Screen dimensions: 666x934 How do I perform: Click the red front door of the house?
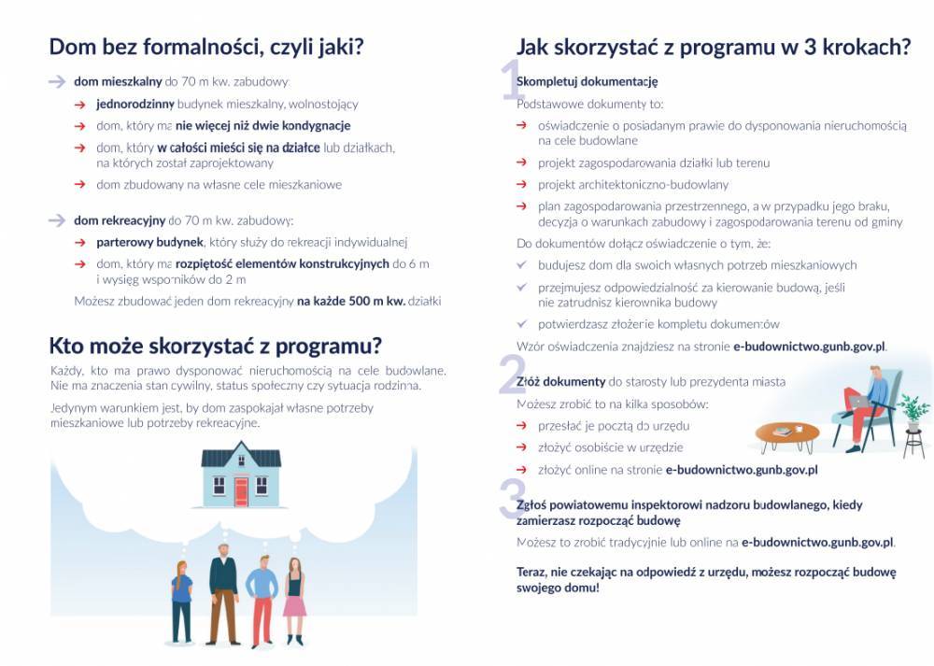(241, 490)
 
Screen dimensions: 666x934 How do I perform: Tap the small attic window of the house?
(241, 458)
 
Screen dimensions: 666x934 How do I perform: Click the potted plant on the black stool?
(913, 412)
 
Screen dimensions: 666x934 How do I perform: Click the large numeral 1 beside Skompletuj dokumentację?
(513, 80)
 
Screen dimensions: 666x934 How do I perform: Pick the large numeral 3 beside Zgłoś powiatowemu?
(513, 499)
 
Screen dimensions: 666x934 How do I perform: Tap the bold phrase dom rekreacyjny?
(120, 221)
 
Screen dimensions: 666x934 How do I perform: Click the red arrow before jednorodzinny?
(80, 104)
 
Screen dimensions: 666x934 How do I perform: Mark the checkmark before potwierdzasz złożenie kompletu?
(522, 323)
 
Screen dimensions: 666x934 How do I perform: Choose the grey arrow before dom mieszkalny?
(57, 82)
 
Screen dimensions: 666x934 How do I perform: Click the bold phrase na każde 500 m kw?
(351, 301)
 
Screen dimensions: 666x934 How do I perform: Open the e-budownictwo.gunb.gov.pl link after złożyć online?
(742, 470)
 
